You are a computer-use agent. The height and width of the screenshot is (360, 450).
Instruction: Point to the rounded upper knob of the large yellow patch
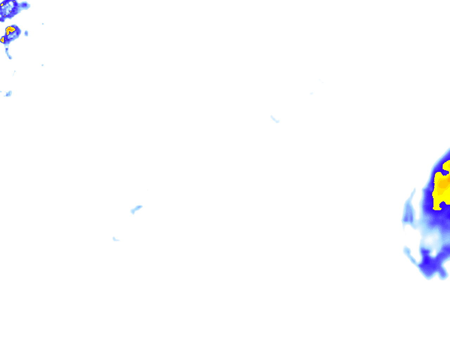click(447, 165)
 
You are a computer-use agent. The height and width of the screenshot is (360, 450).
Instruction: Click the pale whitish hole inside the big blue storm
click(431, 241)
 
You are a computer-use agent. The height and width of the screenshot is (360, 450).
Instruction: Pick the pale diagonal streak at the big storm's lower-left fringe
click(410, 255)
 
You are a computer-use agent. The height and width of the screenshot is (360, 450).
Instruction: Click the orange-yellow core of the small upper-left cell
click(11, 30)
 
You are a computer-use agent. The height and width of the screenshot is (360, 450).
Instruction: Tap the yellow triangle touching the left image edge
click(2, 40)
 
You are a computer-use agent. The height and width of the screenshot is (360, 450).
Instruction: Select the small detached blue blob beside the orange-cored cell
click(26, 33)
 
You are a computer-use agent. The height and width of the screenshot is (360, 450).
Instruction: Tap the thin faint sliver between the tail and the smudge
click(14, 73)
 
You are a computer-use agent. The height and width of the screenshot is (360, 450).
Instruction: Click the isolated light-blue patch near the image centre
click(136, 209)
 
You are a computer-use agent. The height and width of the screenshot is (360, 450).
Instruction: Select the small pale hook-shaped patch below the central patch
click(115, 239)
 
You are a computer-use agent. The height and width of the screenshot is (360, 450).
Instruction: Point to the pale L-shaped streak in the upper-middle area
click(275, 119)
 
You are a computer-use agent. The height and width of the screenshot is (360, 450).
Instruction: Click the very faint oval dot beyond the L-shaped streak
click(311, 93)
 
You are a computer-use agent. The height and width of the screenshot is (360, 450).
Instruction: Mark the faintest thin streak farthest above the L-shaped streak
click(321, 81)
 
